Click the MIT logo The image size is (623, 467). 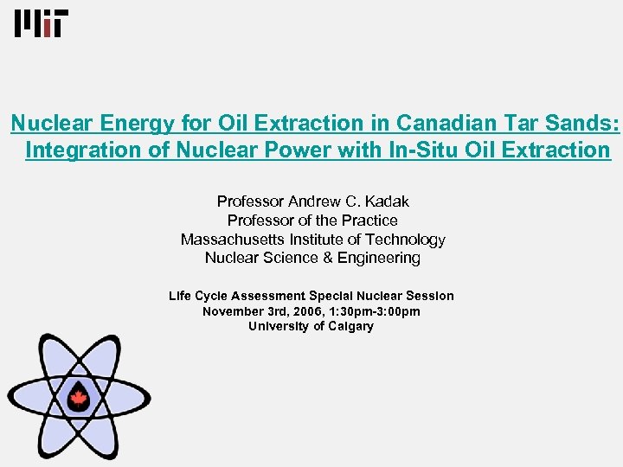pyautogui.click(x=39, y=23)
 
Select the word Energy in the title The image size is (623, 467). pyautogui.click(x=126, y=124)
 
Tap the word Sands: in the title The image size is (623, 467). pyautogui.click(x=585, y=124)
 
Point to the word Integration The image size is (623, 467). pyautogui.click(x=78, y=150)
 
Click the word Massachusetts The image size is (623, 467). pyautogui.click(x=232, y=240)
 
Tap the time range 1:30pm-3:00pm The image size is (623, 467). pyautogui.click(x=378, y=311)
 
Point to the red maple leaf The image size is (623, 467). pyautogui.click(x=79, y=398)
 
